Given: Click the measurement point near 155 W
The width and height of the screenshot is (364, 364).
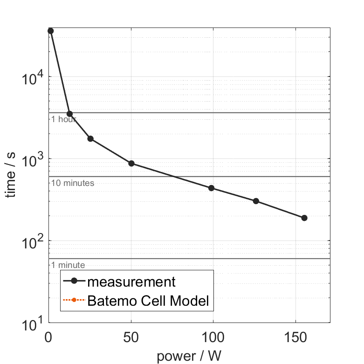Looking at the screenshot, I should (x=304, y=218).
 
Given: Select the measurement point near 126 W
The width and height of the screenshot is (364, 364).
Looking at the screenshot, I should (x=256, y=201).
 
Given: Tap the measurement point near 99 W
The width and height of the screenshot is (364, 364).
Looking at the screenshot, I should (x=211, y=188).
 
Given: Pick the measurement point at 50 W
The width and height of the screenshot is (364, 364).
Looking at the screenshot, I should (x=131, y=163).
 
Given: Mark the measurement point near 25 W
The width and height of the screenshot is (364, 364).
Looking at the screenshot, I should (x=90, y=138).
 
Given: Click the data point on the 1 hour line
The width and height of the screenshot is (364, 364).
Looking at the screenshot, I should (x=69, y=114).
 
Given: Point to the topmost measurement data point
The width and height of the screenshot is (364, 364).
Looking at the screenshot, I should (x=50, y=31).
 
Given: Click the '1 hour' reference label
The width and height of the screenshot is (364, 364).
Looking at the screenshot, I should (x=63, y=119).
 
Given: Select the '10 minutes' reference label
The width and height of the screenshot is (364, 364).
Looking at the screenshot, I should (x=73, y=183).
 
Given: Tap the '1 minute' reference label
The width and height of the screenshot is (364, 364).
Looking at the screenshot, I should (x=68, y=265).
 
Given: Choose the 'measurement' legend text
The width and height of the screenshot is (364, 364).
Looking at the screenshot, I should (x=131, y=282).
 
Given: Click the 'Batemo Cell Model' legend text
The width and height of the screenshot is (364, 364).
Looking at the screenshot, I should (x=148, y=301).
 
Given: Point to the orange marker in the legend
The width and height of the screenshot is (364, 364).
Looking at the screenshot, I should (x=74, y=301).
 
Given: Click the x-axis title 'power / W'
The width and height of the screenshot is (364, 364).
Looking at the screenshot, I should (x=189, y=356).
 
